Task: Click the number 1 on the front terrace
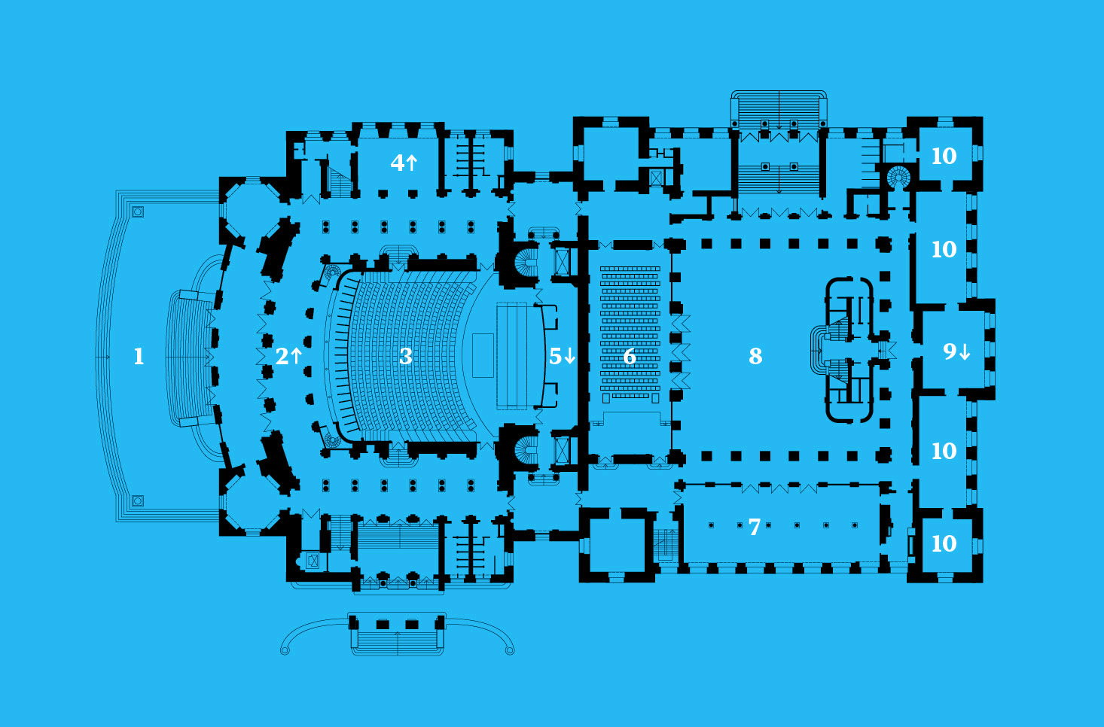139,356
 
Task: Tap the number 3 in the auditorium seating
406,356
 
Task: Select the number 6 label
630,356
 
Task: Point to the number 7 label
755,527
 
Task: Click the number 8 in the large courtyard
755,356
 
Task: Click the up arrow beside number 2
296,356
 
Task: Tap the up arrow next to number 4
411,162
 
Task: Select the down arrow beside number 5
570,356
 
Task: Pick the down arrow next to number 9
965,352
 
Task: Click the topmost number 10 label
944,156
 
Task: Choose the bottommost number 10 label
944,544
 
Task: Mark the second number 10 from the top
944,250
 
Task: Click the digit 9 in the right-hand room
950,351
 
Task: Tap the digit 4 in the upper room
397,162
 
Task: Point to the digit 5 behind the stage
556,356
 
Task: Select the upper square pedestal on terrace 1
138,211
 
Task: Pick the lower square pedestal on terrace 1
138,501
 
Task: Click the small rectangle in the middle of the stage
483,356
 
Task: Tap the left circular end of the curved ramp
285,651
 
